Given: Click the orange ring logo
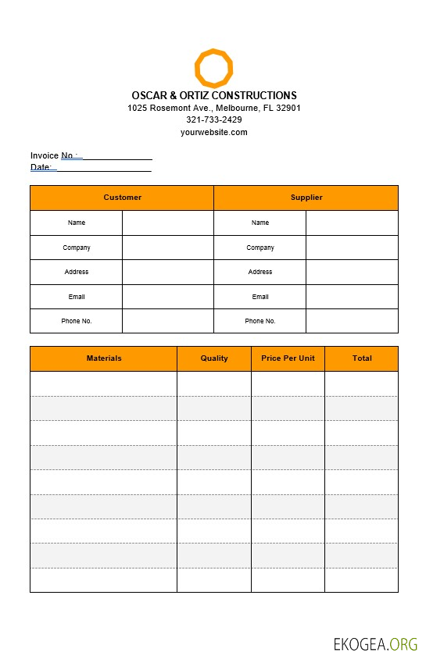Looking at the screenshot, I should [x=213, y=68].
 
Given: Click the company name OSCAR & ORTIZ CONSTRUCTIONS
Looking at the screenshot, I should [x=213, y=95].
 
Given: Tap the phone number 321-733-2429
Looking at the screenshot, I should [x=213, y=119].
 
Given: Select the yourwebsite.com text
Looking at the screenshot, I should [x=213, y=132].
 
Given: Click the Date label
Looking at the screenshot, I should [x=41, y=167].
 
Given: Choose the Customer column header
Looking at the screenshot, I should [x=122, y=198].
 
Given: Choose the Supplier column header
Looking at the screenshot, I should [x=306, y=198].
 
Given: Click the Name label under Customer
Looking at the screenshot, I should [x=77, y=223].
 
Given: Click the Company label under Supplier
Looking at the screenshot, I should [x=260, y=248].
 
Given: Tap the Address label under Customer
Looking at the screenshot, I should [x=77, y=272].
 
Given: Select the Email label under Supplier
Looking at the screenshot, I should [x=260, y=297].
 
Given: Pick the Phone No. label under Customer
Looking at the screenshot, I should [x=77, y=321].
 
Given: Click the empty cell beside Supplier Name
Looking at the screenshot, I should [x=352, y=223].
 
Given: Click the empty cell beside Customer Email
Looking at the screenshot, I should [x=167, y=297].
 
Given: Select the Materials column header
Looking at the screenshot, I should [x=104, y=358].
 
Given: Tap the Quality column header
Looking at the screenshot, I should [x=214, y=358].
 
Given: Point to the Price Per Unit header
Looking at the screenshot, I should [x=288, y=358].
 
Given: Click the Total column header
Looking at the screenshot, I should [x=361, y=358].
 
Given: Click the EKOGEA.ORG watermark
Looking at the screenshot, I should [x=375, y=644].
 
